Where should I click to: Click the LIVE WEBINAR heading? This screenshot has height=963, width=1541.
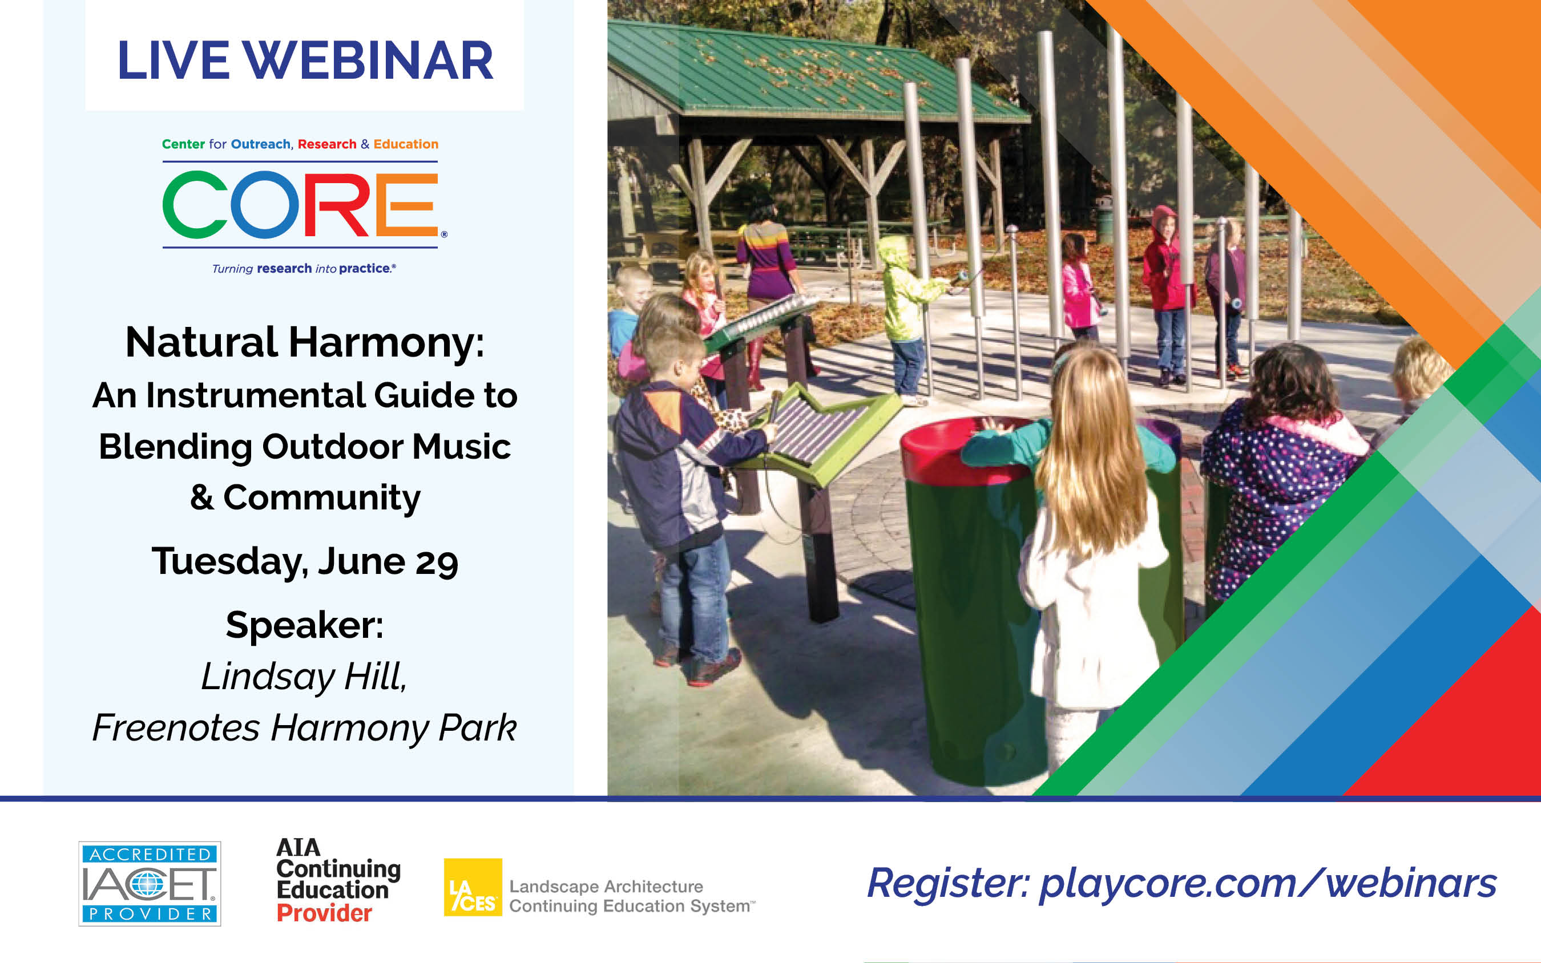(x=305, y=60)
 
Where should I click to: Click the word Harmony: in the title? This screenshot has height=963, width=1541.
(x=386, y=343)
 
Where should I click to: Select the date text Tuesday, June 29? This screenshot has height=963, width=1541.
(x=305, y=561)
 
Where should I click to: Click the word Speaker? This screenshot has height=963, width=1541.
(x=305, y=625)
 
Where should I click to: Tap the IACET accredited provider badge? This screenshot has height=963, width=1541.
(x=150, y=883)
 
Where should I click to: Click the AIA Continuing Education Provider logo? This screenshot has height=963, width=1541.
(x=338, y=880)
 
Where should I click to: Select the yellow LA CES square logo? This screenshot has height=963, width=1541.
(x=473, y=887)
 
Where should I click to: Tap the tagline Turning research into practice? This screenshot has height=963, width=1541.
(x=304, y=269)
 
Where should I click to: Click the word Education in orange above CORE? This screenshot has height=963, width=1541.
(x=406, y=144)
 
